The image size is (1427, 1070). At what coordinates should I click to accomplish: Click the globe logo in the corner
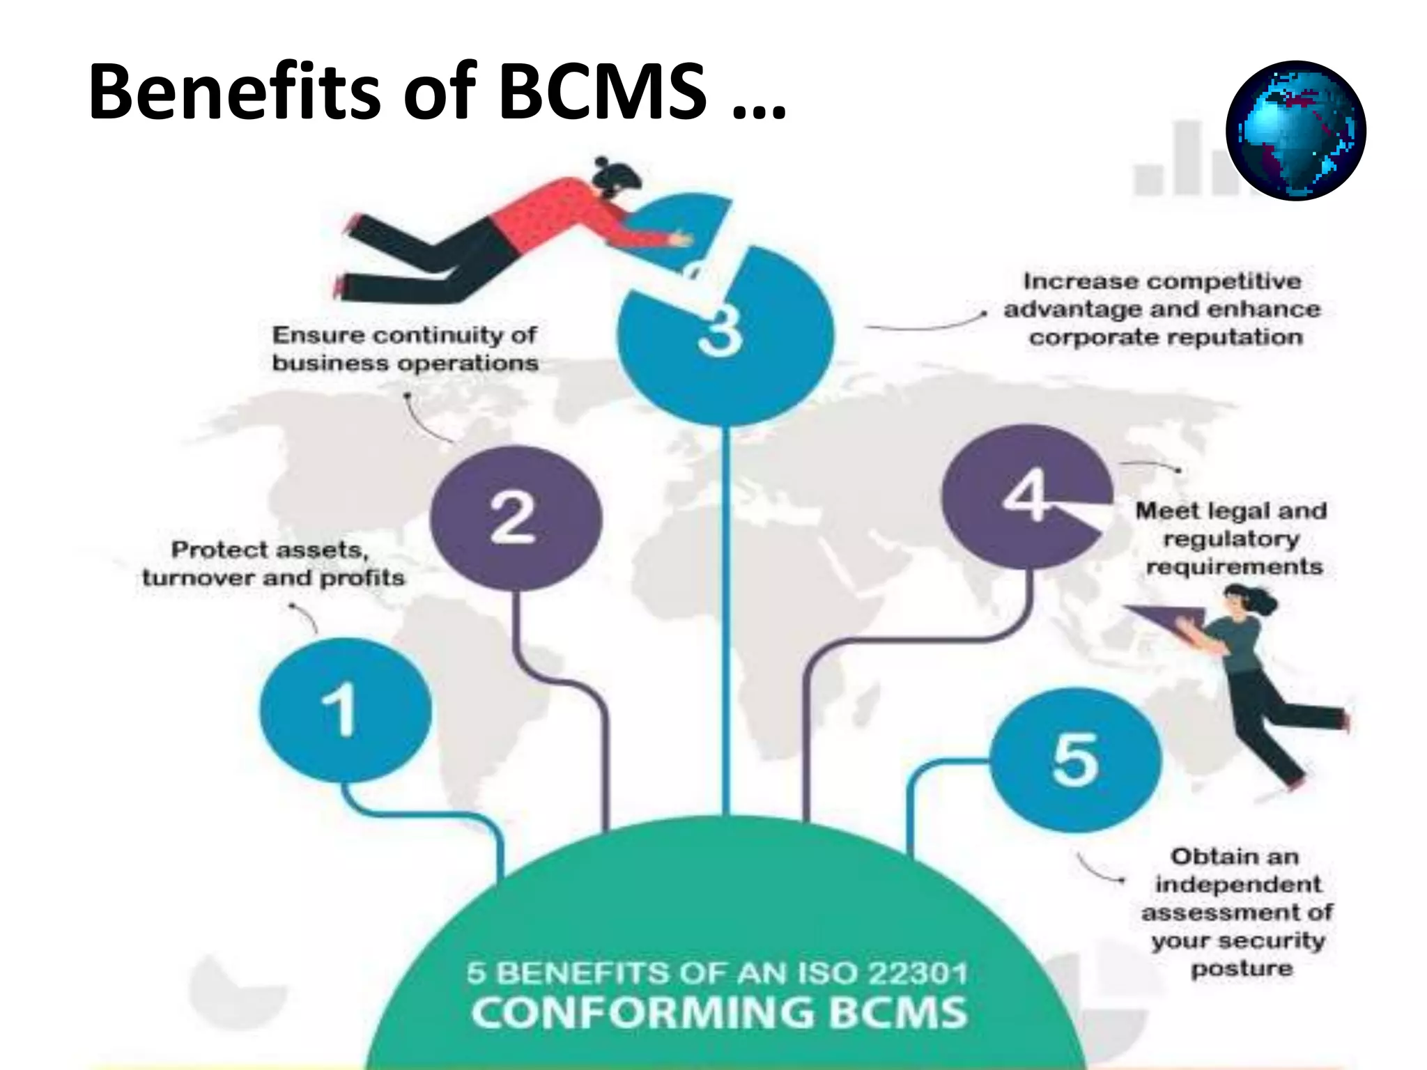(x=1295, y=131)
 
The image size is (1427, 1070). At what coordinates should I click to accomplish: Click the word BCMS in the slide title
(x=603, y=92)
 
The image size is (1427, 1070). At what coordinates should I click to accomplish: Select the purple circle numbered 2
(x=516, y=518)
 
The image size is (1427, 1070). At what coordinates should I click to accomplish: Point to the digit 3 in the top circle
(x=720, y=333)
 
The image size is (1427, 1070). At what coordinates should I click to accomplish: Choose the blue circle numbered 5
(x=1075, y=760)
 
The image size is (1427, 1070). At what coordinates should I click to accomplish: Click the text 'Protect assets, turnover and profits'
(x=272, y=564)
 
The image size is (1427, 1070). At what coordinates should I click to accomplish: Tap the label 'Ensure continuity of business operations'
(x=405, y=348)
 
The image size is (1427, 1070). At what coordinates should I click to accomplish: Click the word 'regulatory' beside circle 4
(x=1231, y=538)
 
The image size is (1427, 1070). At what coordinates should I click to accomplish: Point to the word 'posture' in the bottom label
(x=1241, y=968)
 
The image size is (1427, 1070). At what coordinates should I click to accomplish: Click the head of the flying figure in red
(x=616, y=178)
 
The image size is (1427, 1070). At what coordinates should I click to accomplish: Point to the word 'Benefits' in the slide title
(x=235, y=92)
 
